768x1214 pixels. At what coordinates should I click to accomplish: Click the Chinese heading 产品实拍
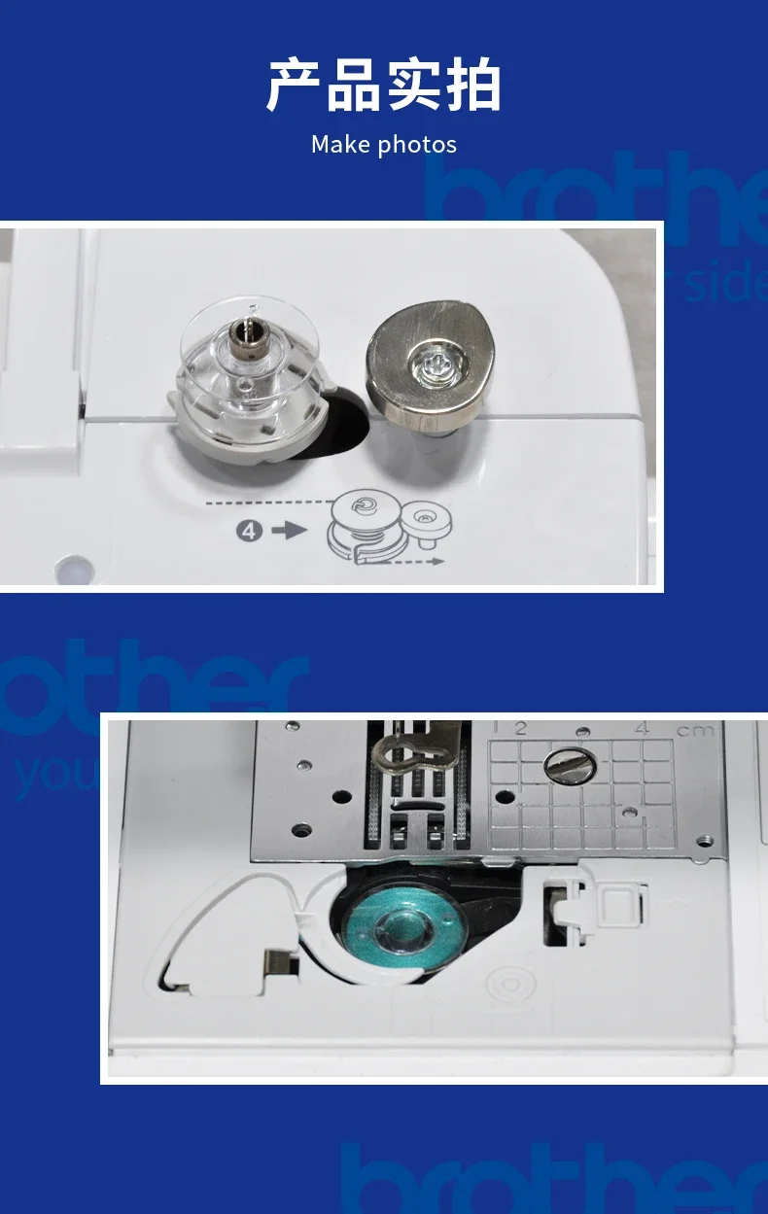click(383, 85)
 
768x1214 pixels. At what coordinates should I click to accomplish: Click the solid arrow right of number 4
click(289, 532)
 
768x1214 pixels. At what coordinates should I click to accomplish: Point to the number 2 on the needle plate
click(520, 729)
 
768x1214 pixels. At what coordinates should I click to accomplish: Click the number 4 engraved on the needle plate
click(641, 729)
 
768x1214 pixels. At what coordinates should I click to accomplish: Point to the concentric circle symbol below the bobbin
click(507, 984)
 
